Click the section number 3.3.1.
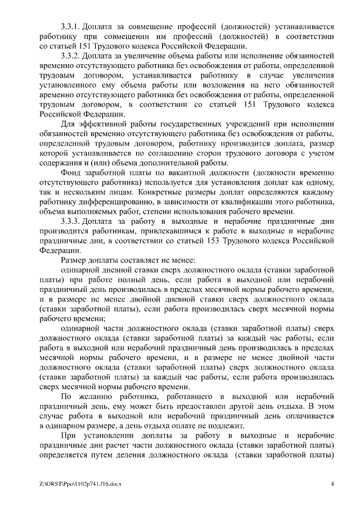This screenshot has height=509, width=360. pyautogui.click(x=71, y=26)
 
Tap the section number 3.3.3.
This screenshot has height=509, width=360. pyautogui.click(x=71, y=222)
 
